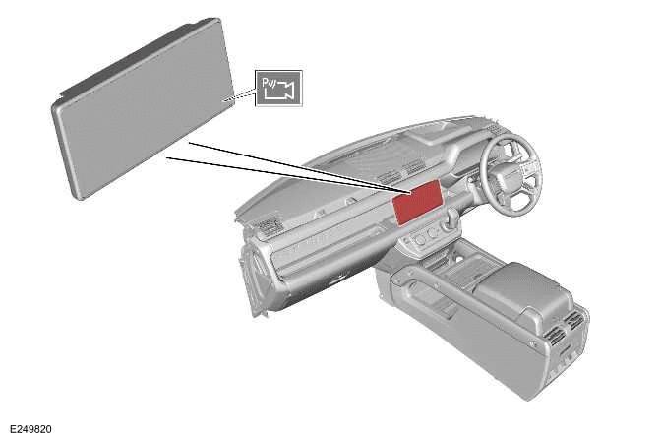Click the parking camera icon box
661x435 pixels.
278,89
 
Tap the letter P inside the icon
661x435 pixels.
269,84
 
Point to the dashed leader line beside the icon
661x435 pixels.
240,97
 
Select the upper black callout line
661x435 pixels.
295,165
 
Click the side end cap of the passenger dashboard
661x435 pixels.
253,280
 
